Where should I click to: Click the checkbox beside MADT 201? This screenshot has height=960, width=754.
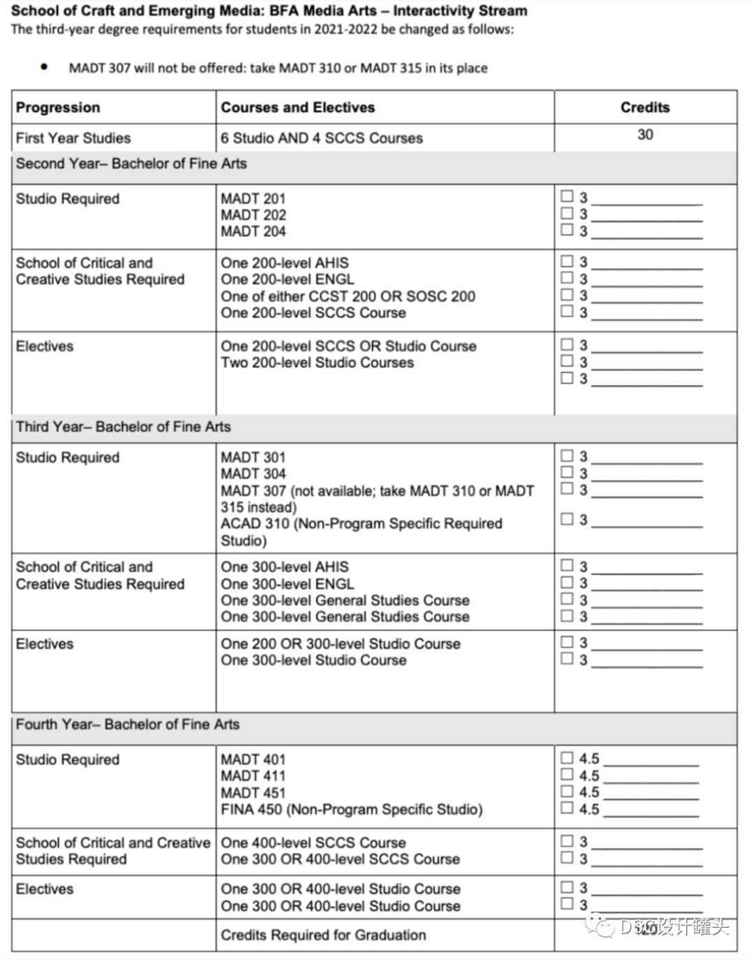tap(567, 196)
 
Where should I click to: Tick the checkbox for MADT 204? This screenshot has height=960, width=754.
tap(567, 229)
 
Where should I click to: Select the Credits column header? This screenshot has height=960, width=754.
tap(644, 107)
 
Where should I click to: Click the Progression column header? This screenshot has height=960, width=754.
tap(58, 107)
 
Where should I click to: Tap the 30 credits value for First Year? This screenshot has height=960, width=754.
tap(645, 134)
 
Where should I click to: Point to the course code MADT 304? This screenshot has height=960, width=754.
tap(253, 474)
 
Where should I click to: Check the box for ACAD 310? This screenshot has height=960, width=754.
tap(567, 518)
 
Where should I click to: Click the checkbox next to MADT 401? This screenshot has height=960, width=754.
tap(567, 757)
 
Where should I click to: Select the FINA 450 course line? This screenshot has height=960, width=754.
tap(351, 809)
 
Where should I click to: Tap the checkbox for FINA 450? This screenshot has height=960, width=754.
tap(567, 808)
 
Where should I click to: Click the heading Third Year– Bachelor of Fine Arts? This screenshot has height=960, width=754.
tap(123, 426)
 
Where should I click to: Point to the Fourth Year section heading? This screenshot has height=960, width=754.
tap(127, 724)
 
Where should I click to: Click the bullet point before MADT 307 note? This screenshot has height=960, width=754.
tap(45, 67)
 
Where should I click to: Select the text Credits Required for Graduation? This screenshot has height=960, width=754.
tap(323, 935)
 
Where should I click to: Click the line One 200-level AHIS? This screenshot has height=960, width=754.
tap(284, 263)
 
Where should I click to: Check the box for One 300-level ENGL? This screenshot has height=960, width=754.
tap(567, 582)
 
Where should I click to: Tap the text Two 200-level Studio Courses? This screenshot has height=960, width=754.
tap(317, 363)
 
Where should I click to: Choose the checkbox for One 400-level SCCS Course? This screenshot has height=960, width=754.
tap(567, 841)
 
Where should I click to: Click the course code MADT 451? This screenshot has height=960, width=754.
tap(253, 792)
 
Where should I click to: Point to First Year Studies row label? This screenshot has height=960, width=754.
tap(73, 138)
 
